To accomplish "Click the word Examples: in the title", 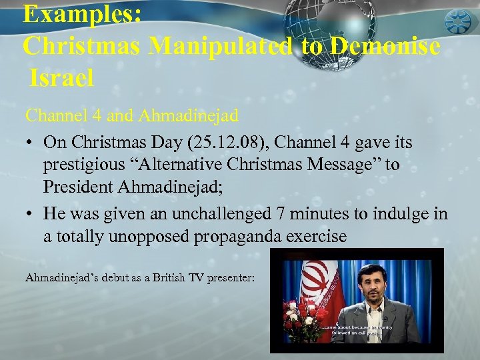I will click(81, 15).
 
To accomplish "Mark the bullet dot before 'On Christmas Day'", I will click(31, 143).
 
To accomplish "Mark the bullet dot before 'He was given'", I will click(31, 215).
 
